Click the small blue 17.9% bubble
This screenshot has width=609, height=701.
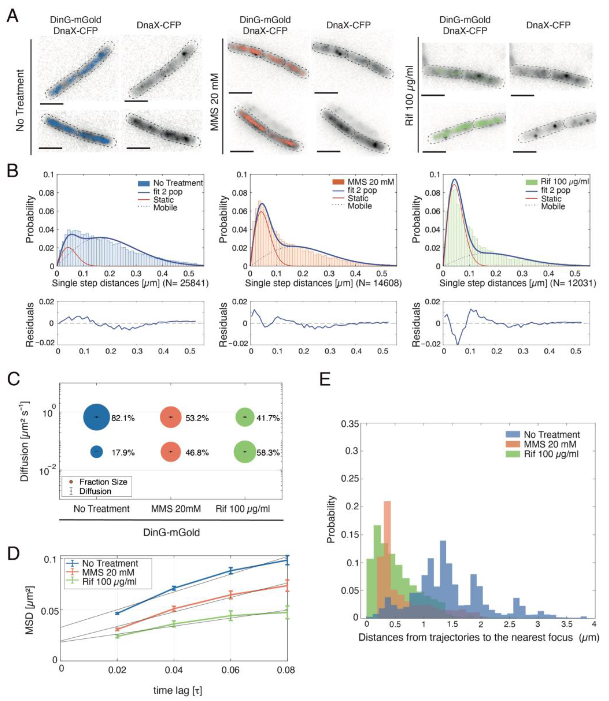click(97, 452)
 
